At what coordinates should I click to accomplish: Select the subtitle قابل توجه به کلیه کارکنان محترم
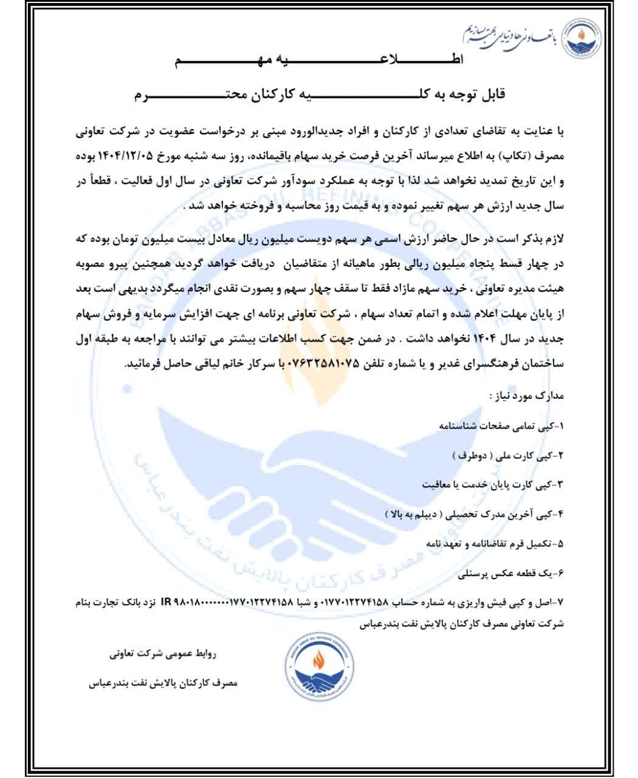click(x=318, y=95)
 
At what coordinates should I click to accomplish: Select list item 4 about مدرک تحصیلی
click(x=474, y=514)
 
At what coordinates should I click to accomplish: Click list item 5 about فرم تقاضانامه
click(x=496, y=543)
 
